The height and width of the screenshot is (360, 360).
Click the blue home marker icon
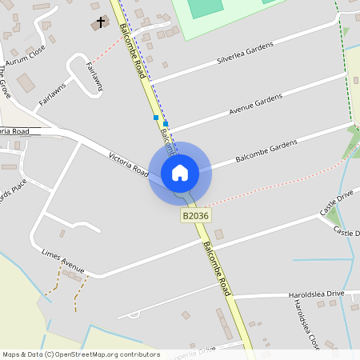point(180,172)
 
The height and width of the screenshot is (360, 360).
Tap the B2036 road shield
point(196,216)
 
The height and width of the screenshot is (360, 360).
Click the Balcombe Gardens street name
point(266,152)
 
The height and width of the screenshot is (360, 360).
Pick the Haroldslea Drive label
point(316,294)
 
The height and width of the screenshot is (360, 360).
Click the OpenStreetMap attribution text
point(80,354)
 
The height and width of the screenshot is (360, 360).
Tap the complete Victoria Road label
point(129,161)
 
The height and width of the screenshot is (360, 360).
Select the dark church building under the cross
point(98,26)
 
